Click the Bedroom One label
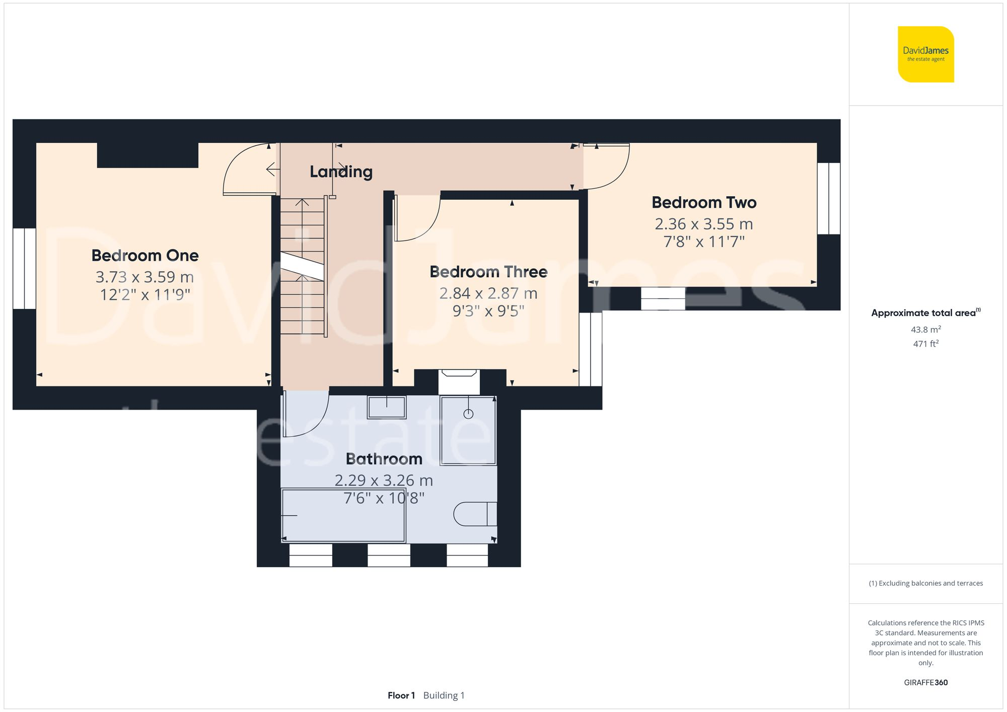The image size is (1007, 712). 145,256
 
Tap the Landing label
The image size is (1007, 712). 341,172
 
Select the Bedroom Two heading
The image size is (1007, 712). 704,203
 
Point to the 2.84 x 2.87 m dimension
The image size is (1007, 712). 488,293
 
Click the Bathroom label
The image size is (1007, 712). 384,459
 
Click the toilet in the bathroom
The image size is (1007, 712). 475,514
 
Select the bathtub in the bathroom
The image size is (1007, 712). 343,515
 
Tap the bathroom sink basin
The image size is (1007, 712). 387,407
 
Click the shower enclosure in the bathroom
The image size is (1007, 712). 468,431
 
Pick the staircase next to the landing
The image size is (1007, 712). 302,267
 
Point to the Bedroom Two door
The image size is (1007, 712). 607,166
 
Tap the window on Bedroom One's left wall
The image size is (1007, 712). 24,269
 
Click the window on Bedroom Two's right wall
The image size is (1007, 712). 829,198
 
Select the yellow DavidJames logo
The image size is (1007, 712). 925,54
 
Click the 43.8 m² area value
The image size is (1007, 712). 925,330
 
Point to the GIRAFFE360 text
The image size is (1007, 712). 925,683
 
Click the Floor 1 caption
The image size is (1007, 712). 401,695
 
